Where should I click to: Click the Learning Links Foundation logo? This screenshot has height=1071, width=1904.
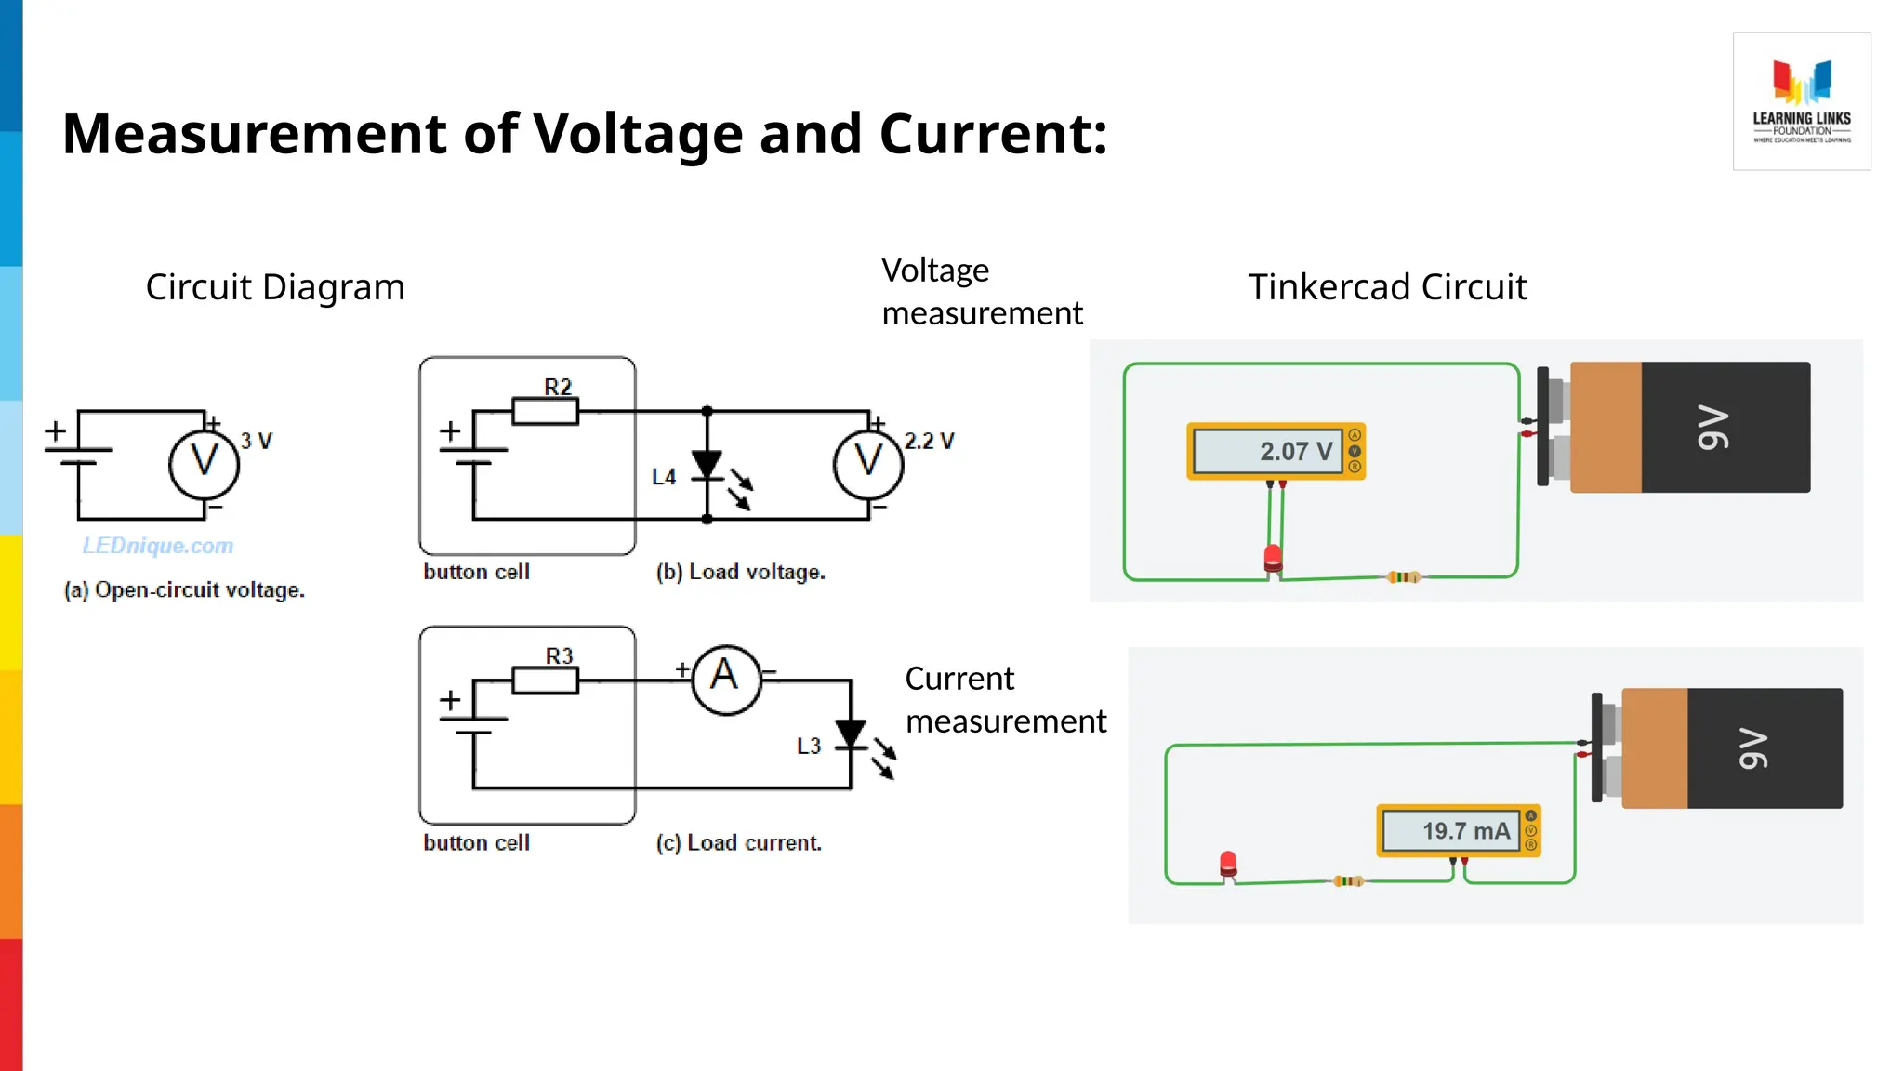tap(1801, 100)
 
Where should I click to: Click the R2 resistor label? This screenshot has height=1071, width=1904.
tap(558, 387)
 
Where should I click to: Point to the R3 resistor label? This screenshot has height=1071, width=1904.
tap(559, 656)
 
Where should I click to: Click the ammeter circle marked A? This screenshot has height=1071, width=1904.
tap(726, 680)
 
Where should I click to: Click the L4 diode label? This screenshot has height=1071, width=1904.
tap(664, 477)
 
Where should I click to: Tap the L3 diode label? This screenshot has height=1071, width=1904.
tap(809, 746)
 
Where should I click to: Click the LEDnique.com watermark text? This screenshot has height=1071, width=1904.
tap(158, 546)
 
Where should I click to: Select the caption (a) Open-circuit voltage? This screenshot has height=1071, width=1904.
tap(184, 589)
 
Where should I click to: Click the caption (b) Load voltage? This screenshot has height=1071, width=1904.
tap(740, 572)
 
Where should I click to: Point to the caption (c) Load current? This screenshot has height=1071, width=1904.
tap(738, 842)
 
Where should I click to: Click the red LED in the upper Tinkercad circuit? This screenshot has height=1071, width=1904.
tap(1273, 558)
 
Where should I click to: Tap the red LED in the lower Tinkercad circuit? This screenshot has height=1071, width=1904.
tap(1228, 864)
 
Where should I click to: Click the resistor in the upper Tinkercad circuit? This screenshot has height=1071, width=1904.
tap(1403, 577)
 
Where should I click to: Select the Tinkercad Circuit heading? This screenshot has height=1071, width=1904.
tap(1387, 287)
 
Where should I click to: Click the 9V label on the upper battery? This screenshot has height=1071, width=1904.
tap(1713, 427)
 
